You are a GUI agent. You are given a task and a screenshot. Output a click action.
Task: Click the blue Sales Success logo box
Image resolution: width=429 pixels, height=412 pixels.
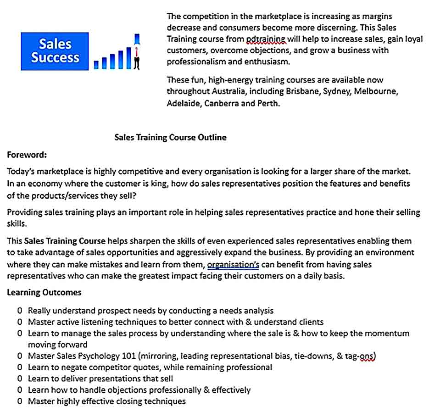55,51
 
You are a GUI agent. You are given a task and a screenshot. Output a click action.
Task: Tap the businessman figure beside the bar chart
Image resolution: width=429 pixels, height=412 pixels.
137,52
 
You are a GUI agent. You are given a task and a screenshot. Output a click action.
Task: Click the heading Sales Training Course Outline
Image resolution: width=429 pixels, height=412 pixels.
170,137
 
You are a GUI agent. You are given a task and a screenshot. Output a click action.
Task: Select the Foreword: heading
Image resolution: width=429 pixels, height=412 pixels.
27,155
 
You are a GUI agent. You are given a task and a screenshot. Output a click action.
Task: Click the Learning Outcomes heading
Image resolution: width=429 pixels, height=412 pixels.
44,292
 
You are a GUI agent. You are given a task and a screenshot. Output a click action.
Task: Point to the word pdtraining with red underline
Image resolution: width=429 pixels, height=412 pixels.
266,39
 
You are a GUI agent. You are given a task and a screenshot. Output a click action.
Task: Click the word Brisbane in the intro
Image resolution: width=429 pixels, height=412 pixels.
303,91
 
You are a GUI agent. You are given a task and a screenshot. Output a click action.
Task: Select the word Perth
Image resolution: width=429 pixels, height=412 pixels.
268,103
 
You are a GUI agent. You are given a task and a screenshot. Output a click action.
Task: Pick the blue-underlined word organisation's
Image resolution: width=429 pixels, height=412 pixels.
234,264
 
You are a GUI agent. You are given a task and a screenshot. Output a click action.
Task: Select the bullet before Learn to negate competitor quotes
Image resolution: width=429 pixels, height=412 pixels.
20,367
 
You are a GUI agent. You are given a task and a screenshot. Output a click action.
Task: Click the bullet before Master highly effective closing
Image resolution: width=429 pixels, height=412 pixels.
20,401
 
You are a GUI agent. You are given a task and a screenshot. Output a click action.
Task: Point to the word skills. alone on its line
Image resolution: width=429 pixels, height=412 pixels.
17,223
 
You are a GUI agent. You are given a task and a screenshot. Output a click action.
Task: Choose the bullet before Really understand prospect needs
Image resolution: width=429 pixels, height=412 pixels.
20,311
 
